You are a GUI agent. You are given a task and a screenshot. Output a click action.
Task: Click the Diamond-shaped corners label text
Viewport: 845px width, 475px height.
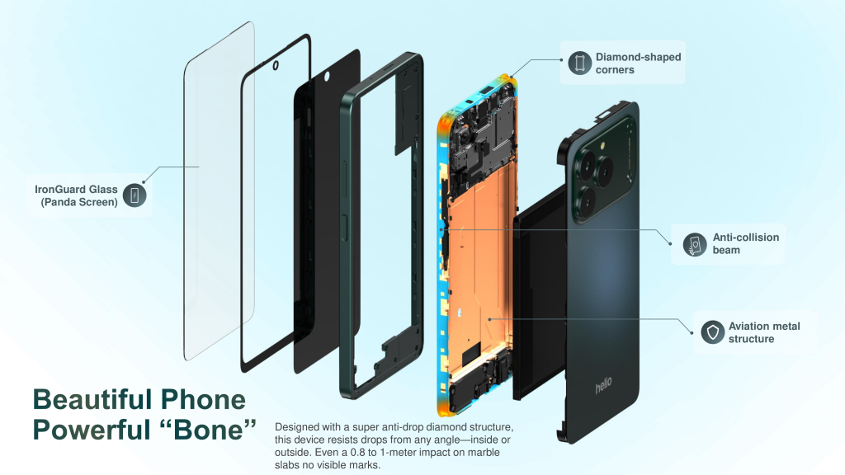pos(638,63)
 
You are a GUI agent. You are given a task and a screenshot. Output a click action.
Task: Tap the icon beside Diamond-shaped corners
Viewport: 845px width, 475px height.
pos(580,63)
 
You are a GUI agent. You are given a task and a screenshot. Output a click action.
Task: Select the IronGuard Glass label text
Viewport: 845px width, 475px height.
pos(76,195)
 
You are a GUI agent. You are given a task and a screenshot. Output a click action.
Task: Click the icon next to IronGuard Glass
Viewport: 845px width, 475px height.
pos(135,195)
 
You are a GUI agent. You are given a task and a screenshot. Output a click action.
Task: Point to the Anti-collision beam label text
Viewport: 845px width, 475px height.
pos(746,243)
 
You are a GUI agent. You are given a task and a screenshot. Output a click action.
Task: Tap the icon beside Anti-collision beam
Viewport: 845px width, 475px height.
pos(695,244)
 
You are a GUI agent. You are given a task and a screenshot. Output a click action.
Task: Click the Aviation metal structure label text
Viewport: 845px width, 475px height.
pos(764,332)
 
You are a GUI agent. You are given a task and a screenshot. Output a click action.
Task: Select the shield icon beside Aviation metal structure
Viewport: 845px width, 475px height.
pos(712,332)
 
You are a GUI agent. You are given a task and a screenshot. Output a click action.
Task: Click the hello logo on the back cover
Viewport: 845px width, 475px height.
pos(603,385)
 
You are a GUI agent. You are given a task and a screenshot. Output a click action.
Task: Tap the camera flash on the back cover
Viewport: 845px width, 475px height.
pos(602,145)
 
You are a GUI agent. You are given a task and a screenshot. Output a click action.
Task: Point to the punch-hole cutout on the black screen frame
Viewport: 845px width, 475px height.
pos(276,66)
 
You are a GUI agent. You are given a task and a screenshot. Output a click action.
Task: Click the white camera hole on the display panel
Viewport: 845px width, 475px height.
pos(326,77)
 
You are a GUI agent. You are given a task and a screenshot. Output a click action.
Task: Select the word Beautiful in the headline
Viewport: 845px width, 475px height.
pos(88,400)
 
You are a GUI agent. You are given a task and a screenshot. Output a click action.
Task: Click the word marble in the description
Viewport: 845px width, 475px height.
pos(484,453)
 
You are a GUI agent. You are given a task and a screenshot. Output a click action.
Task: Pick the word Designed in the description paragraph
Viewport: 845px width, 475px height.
pos(297,428)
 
